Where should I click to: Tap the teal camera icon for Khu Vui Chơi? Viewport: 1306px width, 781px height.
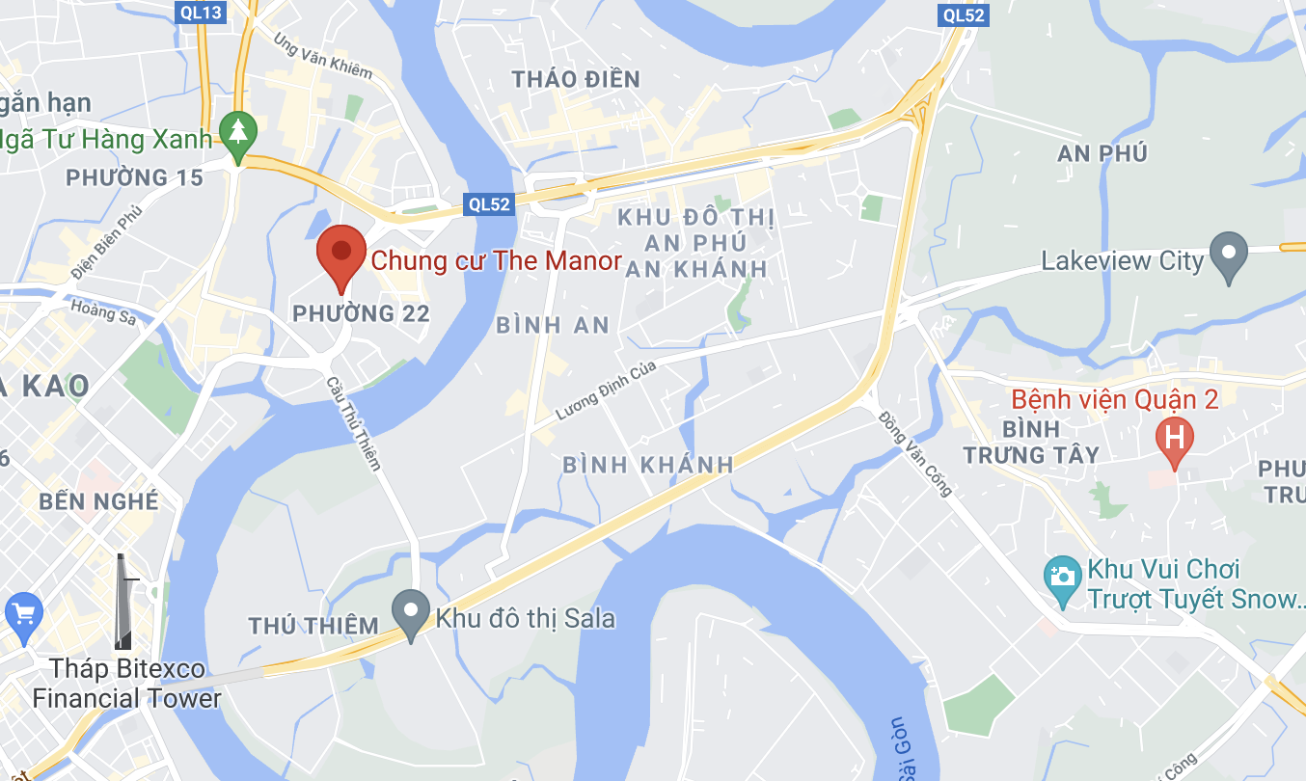[1062, 576]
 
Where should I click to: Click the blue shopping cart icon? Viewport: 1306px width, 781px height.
[22, 612]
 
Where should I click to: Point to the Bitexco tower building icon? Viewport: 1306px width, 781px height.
[123, 602]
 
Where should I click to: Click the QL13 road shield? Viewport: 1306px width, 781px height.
[202, 12]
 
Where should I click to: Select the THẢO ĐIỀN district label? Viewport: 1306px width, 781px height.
[576, 80]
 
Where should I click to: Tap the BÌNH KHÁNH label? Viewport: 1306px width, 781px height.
[647, 465]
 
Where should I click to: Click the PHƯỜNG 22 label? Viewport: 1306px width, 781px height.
[360, 313]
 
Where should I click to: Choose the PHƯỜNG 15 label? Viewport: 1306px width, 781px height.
[134, 177]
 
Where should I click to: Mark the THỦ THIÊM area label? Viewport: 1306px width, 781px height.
[313, 626]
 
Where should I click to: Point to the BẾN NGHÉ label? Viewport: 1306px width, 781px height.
[98, 501]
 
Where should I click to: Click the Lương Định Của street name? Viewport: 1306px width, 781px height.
[606, 390]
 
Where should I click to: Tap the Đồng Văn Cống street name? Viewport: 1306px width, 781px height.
[915, 453]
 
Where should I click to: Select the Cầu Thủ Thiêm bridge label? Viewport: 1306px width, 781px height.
[353, 423]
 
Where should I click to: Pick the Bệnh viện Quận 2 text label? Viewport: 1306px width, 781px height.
[1114, 399]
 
